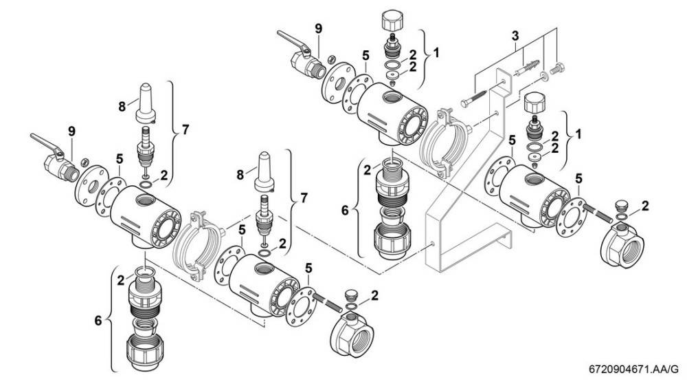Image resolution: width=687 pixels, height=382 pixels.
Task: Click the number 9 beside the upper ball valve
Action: tap(318, 28)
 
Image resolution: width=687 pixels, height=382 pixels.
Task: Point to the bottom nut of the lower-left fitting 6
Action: tap(144, 350)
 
